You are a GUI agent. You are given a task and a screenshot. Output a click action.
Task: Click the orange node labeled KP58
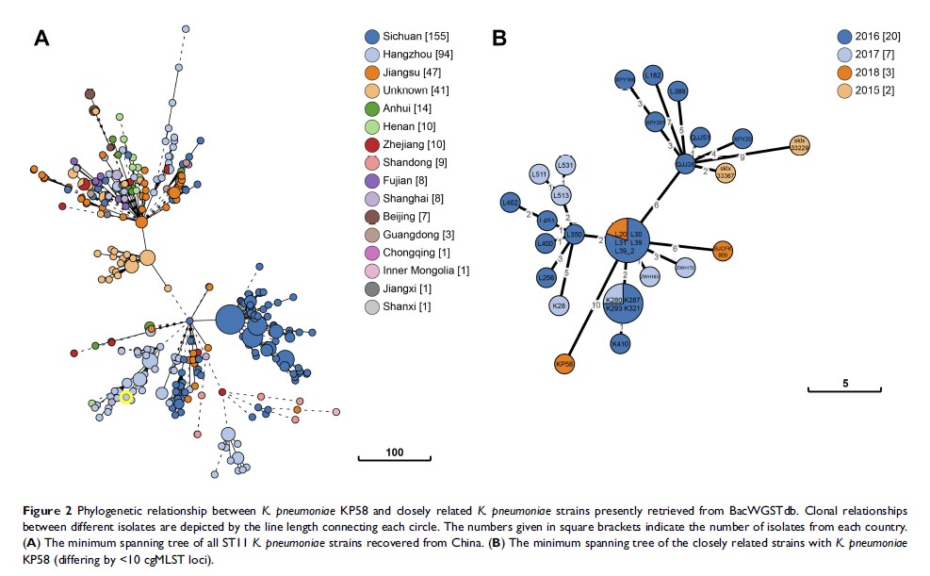[x=565, y=363]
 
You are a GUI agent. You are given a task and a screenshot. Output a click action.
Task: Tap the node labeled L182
[x=653, y=77]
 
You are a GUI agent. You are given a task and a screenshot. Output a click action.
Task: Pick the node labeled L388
[x=677, y=91]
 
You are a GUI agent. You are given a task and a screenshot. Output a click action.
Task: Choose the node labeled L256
[x=547, y=277]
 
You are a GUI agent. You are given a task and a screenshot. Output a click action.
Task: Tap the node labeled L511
[x=539, y=174]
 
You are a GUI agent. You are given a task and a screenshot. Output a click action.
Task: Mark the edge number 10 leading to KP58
[x=596, y=304]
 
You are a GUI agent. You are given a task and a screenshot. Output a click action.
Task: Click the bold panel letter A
[x=41, y=38]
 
